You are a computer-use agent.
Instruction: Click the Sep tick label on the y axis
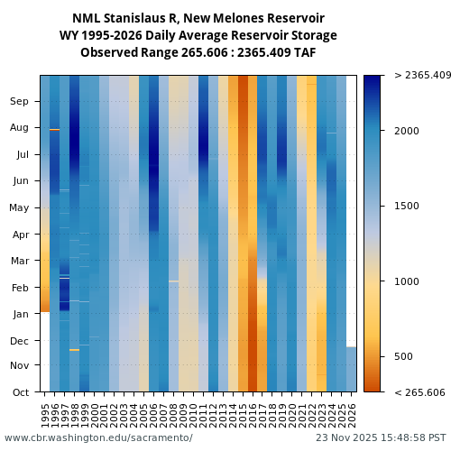point(20,102)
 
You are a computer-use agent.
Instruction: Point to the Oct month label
point(20,392)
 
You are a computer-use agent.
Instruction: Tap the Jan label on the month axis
point(20,315)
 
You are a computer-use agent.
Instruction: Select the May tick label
point(20,208)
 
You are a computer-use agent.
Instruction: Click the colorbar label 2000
point(408,131)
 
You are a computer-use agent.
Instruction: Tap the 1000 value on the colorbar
point(408,281)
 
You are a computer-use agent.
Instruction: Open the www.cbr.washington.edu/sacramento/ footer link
point(98,437)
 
